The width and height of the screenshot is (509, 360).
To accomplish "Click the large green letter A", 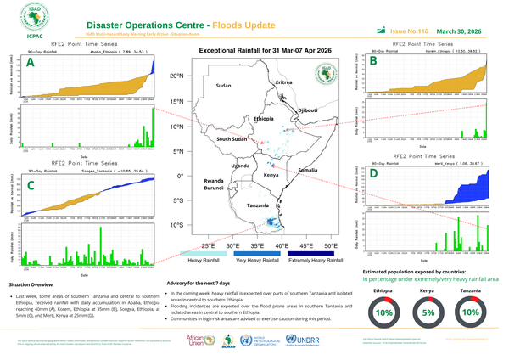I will coord(31,63).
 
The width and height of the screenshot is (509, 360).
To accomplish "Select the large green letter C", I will coord(31,185).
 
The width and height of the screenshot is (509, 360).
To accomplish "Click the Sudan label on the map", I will coord(224,87).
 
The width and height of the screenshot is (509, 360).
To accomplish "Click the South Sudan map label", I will coord(232,138).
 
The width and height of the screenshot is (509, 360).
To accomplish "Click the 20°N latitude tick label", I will coord(176,76).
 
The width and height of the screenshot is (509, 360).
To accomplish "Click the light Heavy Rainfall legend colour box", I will coord(204,254).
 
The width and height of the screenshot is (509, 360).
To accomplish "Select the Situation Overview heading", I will coord(30,284).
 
